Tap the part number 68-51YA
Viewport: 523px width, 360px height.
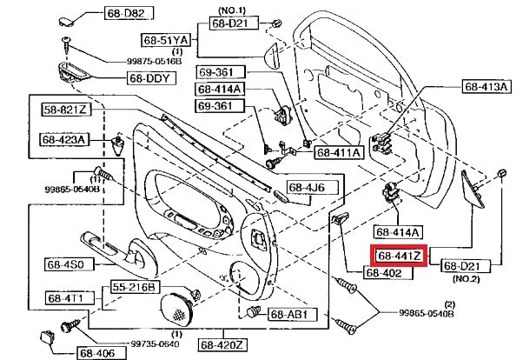click(165, 39)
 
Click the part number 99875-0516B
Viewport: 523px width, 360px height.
click(135, 62)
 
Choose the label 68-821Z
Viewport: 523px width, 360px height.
click(66, 110)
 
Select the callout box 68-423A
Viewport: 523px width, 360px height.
click(63, 138)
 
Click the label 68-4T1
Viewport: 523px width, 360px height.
click(63, 298)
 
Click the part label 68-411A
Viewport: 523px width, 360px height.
click(340, 153)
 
